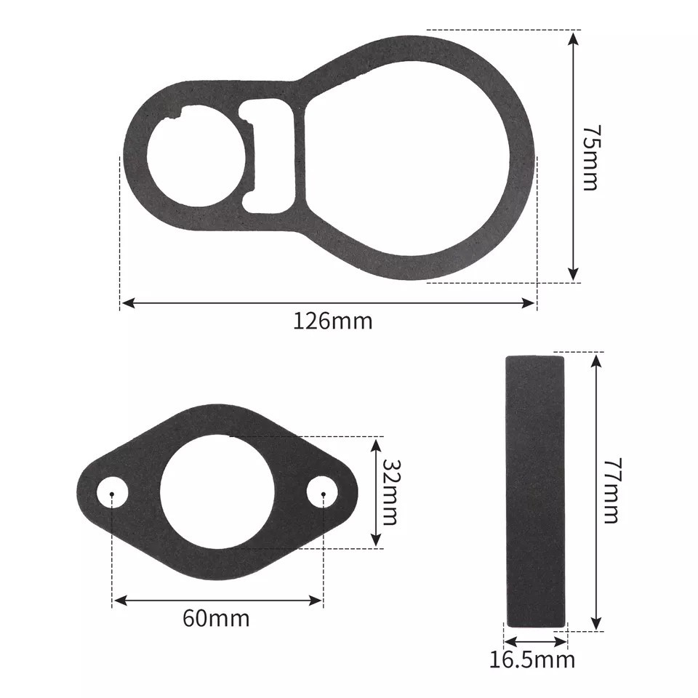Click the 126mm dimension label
click(x=333, y=321)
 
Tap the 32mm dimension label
click(x=390, y=492)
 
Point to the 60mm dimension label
click(x=216, y=619)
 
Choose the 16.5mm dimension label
click(x=531, y=660)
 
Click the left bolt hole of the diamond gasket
click(x=112, y=493)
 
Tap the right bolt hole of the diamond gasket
click(x=322, y=493)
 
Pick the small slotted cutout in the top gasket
click(x=270, y=156)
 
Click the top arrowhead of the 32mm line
click(x=376, y=442)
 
